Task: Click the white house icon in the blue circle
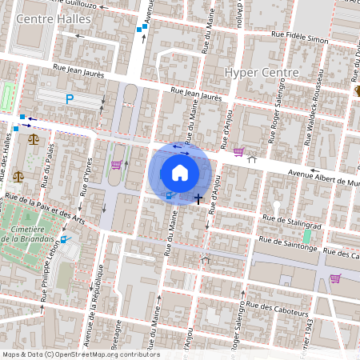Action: click(180, 171)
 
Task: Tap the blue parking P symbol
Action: click(70, 99)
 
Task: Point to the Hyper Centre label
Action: click(262, 72)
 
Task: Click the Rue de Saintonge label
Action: click(286, 247)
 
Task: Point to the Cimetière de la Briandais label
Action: click(27, 233)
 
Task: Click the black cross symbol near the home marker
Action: click(198, 197)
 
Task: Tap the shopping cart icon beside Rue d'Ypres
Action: click(117, 165)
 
